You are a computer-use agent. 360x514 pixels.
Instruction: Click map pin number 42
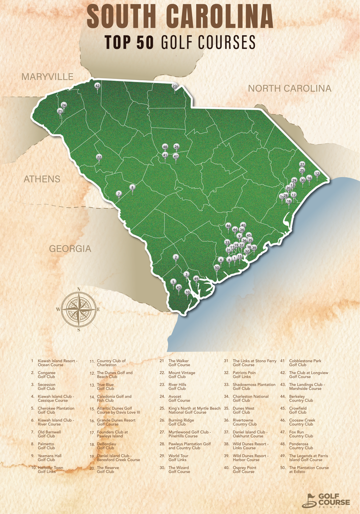[x=97, y=86]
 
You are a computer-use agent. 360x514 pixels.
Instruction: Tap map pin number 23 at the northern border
[x=174, y=86]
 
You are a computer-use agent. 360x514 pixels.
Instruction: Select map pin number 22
[x=99, y=157]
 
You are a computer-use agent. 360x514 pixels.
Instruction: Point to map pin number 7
[x=118, y=194]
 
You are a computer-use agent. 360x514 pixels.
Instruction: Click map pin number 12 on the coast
[x=317, y=174]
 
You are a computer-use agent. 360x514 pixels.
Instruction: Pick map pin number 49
[x=196, y=279]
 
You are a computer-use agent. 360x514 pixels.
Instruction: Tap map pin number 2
[x=175, y=257]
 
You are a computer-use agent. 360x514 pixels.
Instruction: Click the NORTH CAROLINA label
[x=289, y=88]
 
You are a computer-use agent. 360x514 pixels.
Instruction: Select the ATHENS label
[x=42, y=179]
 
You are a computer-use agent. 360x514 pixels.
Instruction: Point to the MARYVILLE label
[x=47, y=76]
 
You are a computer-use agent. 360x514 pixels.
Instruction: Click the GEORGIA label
[x=70, y=248]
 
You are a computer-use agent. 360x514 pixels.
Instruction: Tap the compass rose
[x=79, y=309]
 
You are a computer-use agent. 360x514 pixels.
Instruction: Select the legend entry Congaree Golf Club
[x=46, y=374]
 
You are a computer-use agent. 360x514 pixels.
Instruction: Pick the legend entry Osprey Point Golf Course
[x=243, y=470]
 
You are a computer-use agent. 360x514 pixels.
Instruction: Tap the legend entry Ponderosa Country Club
[x=301, y=446]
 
